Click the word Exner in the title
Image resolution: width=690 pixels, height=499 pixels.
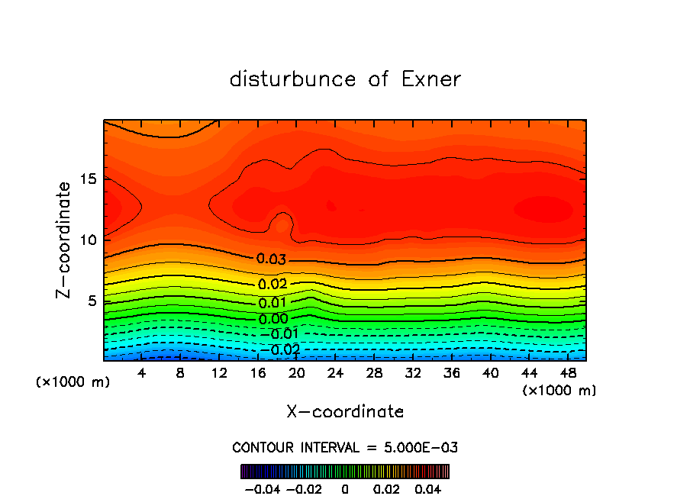[x=431, y=79]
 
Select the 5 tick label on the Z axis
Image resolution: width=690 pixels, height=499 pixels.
[x=91, y=301]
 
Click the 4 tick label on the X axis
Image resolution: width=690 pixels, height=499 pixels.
[x=141, y=373]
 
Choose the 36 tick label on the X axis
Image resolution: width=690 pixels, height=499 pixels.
[x=451, y=373]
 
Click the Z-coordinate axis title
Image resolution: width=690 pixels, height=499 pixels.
[x=66, y=240]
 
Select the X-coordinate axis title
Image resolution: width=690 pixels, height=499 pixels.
[x=345, y=412]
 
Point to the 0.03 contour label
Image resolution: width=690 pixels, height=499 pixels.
[x=271, y=259]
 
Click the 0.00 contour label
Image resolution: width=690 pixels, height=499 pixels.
[x=272, y=319]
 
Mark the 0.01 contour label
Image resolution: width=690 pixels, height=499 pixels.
[x=272, y=303]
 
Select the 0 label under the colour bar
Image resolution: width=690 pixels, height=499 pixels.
[x=345, y=488]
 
